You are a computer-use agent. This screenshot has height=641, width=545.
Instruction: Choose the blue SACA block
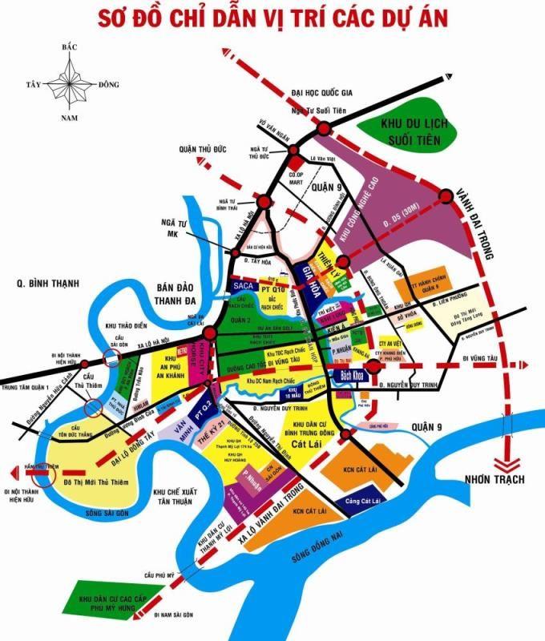[242, 284]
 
